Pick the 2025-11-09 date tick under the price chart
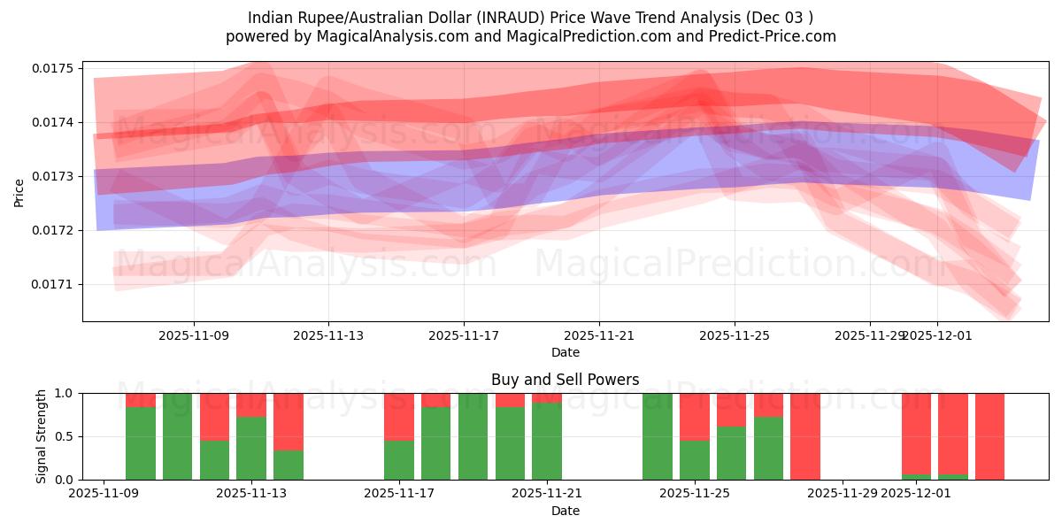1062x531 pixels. click(194, 335)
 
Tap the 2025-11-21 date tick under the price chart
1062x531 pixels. click(599, 335)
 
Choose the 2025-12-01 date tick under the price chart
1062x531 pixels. click(937, 335)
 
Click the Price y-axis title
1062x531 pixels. click(19, 192)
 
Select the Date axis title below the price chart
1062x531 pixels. click(566, 352)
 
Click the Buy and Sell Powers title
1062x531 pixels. click(566, 380)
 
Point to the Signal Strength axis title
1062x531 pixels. click(42, 436)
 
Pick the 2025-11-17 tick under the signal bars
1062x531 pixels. click(399, 493)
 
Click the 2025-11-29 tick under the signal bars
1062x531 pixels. click(843, 493)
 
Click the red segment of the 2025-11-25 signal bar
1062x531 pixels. click(695, 416)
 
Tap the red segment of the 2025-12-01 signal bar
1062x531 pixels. click(917, 433)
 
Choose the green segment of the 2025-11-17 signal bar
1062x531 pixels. click(399, 459)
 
